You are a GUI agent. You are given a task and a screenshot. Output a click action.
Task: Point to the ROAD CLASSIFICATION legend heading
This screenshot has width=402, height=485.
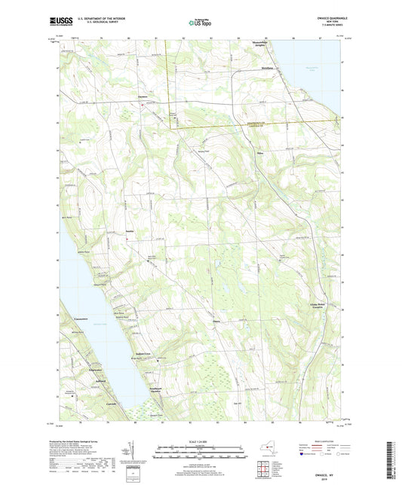pyautogui.click(x=318, y=442)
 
